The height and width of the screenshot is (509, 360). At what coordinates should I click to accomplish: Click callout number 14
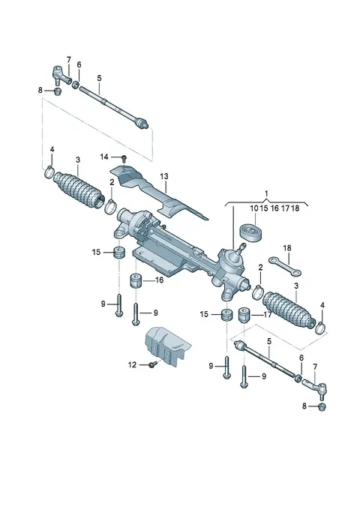104,157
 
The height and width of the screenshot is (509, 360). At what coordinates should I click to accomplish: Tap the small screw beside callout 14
124,158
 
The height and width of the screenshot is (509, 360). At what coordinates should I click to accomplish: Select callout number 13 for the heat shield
164,176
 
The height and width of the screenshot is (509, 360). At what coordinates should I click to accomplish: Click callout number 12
132,365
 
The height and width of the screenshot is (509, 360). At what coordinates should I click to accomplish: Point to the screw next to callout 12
152,364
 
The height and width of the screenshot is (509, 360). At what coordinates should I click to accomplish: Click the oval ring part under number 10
251,232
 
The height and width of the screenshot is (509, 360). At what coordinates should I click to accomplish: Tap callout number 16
160,280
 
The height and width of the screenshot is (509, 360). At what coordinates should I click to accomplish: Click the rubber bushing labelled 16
136,281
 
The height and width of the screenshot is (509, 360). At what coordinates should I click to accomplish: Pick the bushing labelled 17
244,315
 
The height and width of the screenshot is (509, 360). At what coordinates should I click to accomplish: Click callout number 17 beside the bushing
267,315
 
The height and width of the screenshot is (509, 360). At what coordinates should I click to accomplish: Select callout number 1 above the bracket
266,194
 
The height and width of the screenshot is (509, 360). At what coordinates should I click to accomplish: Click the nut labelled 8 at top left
58,91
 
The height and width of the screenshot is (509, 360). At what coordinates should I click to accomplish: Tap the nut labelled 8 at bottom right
322,407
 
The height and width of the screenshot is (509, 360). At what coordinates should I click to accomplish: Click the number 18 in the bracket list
295,208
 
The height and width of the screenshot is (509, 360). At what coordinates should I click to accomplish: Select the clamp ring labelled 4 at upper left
49,172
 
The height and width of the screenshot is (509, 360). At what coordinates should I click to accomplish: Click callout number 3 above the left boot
78,160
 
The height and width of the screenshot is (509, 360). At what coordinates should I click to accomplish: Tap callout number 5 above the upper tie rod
99,78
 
